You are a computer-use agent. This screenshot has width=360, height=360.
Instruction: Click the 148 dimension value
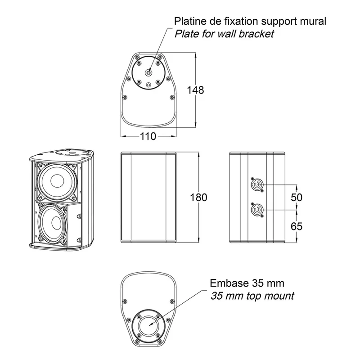(195, 90)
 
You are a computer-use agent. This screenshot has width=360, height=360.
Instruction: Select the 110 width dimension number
(148, 136)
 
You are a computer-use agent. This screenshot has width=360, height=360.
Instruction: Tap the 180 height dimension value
(198, 198)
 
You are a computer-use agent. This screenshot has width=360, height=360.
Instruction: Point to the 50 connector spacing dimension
(297, 198)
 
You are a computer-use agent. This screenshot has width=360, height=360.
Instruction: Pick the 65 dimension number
(297, 226)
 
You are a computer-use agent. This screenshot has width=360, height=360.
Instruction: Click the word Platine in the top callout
(190, 21)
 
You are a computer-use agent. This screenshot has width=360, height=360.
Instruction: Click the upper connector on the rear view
(257, 184)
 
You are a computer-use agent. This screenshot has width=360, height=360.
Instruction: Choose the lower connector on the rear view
(257, 210)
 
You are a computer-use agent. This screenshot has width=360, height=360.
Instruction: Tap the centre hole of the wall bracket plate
(148, 73)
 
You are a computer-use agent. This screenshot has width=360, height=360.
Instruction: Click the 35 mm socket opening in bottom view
(148, 325)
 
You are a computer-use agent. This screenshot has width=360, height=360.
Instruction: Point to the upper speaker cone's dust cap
(58, 181)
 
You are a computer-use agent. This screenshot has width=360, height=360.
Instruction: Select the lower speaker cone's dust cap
(56, 223)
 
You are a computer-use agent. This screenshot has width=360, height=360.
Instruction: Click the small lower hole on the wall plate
(148, 85)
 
